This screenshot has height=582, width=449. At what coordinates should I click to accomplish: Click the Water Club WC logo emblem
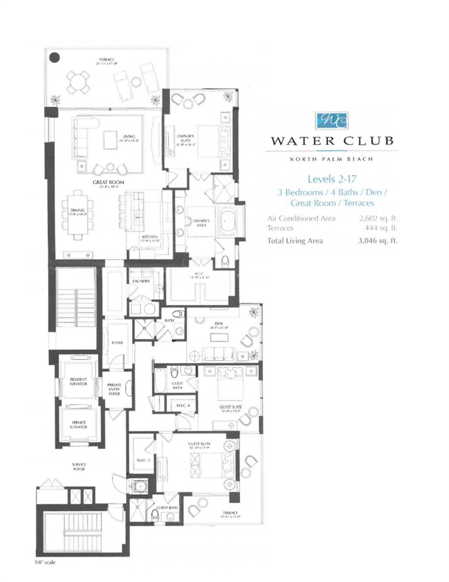point(332,120)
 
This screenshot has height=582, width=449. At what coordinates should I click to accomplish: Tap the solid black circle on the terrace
point(55,57)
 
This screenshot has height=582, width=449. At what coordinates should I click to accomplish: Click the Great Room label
point(108,182)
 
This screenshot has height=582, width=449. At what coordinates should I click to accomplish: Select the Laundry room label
point(141,281)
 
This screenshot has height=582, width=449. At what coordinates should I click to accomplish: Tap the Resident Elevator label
point(78,381)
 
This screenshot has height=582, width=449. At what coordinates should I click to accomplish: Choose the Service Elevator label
point(79,424)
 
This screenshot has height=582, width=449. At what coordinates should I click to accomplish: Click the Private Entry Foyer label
point(114,389)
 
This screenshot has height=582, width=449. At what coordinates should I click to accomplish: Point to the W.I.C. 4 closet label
point(182,405)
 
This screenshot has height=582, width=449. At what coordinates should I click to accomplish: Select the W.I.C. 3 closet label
point(143,460)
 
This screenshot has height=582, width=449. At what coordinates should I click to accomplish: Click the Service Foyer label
point(79,466)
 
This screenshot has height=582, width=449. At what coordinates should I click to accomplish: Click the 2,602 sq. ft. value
point(378,218)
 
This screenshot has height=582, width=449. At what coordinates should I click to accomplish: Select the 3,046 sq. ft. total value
point(377,240)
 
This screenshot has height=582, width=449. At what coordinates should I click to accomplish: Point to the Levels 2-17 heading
point(332,178)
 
